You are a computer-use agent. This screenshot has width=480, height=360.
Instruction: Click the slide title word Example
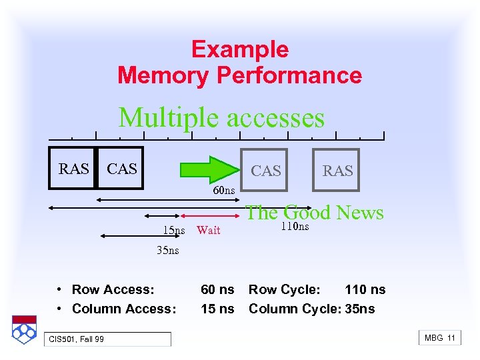click(x=239, y=49)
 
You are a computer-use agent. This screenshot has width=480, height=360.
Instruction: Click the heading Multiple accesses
click(x=221, y=118)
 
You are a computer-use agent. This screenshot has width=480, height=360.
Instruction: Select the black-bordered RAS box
click(x=73, y=169)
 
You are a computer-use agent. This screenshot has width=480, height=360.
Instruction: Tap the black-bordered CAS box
click(x=121, y=169)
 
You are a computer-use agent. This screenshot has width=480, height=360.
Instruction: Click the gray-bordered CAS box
click(x=265, y=171)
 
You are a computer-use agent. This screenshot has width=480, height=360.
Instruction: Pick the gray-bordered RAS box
click(x=337, y=171)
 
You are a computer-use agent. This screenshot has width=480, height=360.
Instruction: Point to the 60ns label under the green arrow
click(x=224, y=191)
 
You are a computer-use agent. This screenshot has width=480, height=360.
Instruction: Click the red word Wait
click(x=208, y=231)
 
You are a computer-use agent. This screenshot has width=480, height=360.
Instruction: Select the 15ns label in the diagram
click(x=174, y=231)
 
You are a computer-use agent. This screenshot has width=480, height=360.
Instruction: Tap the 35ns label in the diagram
click(x=167, y=251)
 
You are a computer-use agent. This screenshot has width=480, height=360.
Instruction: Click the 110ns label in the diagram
click(x=294, y=227)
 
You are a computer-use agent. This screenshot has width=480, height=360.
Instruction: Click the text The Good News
click(x=314, y=213)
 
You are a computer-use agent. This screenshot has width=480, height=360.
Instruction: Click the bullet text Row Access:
click(x=113, y=289)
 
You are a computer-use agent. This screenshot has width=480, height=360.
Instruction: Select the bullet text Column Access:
click(x=124, y=309)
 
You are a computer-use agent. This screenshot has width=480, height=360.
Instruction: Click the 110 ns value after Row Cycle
click(x=365, y=289)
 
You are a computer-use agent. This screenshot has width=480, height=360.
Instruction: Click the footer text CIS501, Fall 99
click(x=76, y=340)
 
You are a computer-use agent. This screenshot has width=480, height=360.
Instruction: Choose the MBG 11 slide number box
click(x=439, y=338)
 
